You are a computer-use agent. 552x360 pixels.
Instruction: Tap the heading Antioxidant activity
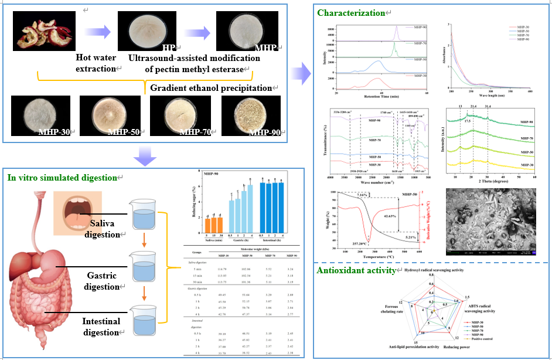(354, 270)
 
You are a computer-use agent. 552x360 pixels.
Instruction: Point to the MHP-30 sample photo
(40, 116)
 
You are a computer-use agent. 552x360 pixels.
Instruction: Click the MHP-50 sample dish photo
(109, 116)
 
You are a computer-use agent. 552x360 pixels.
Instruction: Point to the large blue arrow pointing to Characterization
(301, 74)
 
